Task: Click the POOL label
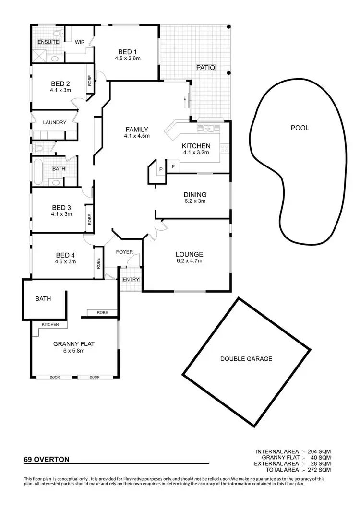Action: pos(300,128)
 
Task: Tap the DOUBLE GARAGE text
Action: pos(246,358)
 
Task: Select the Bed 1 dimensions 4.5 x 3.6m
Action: pos(127,59)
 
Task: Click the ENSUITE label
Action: pos(48,42)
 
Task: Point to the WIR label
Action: pos(80,42)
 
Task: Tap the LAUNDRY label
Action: pos(54,122)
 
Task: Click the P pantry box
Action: pos(160,169)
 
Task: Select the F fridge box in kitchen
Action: pos(173,166)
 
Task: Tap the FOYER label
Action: pos(124,252)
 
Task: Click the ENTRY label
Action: pos(131,280)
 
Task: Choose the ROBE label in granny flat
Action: pos(102,312)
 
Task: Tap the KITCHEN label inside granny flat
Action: pos(50,325)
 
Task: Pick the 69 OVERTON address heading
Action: pos(47,459)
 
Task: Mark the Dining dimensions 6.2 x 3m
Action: pos(195,201)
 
